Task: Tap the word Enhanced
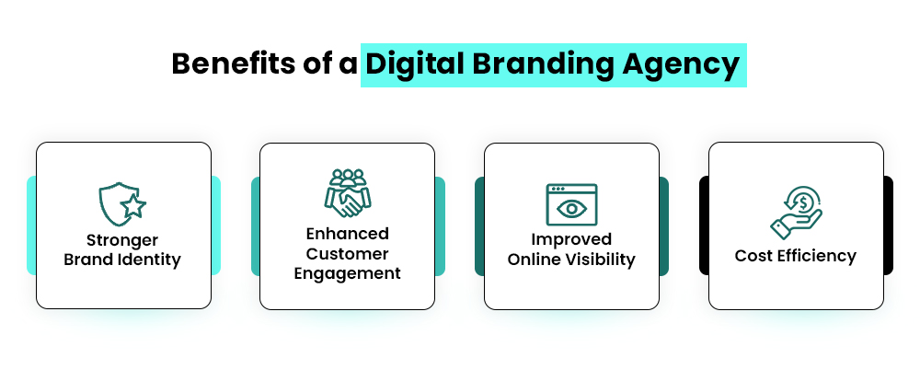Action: [347, 233]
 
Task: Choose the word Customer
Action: [347, 253]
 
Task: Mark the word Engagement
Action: [347, 273]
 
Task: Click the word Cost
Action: [753, 255]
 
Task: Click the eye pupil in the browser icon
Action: [571, 209]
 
